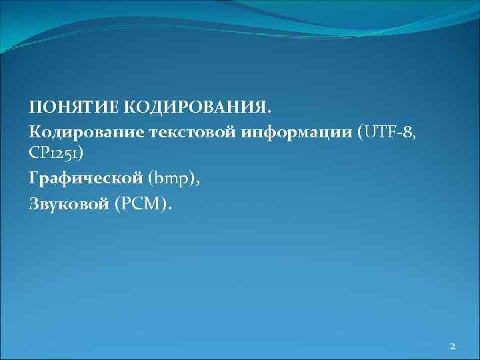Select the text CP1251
pyautogui.click(x=53, y=154)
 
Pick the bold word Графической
pyautogui.click(x=86, y=179)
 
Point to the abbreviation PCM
pyautogui.click(x=142, y=204)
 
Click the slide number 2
pyautogui.click(x=452, y=345)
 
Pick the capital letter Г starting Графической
pyautogui.click(x=33, y=179)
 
